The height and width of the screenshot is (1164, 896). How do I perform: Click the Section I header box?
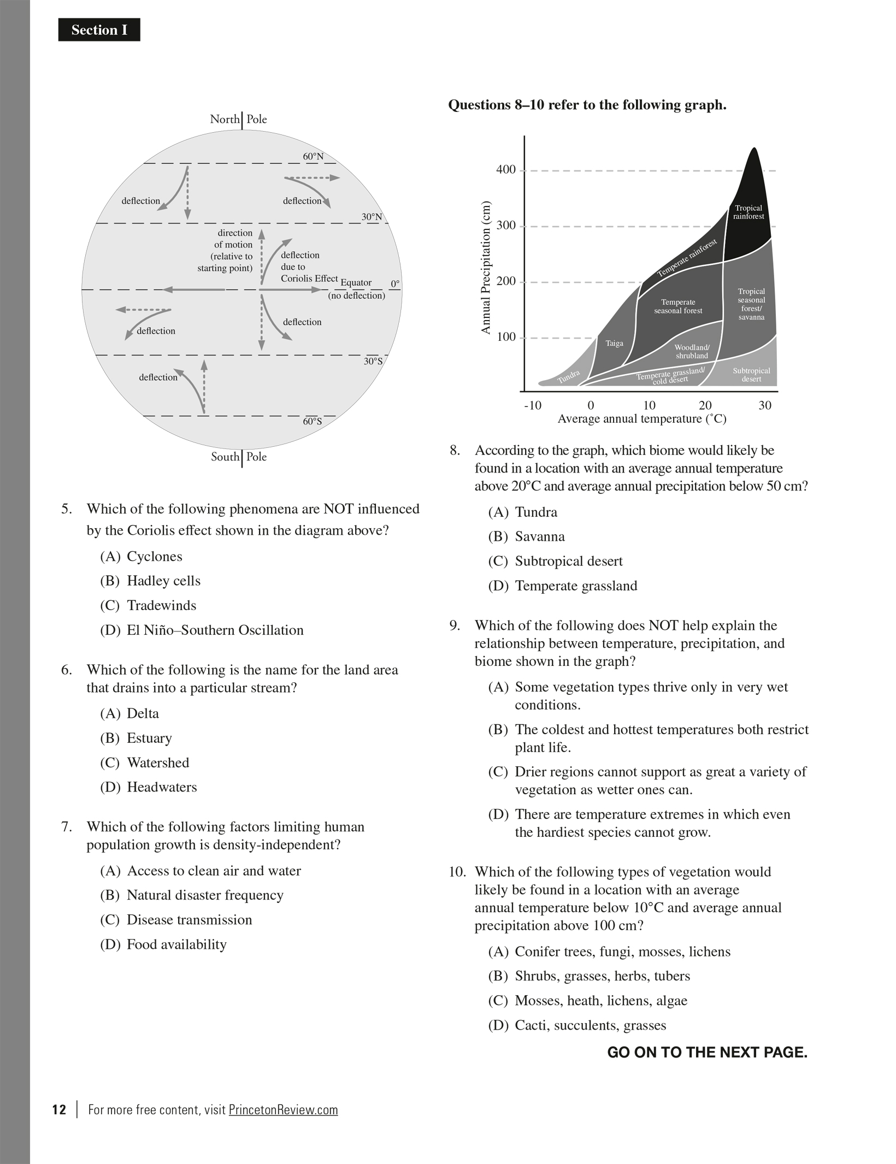(x=99, y=30)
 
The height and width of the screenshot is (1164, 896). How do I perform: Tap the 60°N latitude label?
(x=313, y=157)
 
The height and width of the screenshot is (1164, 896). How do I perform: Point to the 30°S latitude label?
(x=373, y=362)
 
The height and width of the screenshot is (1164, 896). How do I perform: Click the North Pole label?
(x=239, y=119)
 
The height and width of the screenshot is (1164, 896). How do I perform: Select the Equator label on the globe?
(x=356, y=282)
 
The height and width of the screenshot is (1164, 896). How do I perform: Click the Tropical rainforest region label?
(x=748, y=212)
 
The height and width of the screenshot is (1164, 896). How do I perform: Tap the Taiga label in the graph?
(x=614, y=344)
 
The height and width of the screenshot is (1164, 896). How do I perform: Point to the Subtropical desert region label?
(x=751, y=375)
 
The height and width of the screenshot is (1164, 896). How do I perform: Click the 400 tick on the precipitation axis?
(x=506, y=169)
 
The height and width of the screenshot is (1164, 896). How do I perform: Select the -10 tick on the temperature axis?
(x=532, y=405)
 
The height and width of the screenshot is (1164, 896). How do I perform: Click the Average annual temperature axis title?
(x=641, y=419)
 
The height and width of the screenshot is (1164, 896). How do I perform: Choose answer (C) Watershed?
(x=145, y=763)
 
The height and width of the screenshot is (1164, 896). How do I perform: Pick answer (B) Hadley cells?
(x=150, y=581)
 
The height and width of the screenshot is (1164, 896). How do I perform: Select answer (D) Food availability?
(x=163, y=944)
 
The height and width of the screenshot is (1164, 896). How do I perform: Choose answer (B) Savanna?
(x=527, y=536)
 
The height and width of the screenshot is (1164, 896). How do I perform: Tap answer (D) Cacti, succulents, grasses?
(x=577, y=1025)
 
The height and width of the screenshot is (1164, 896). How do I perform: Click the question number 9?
(x=455, y=625)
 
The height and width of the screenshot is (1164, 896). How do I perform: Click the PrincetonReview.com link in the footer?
(x=283, y=1110)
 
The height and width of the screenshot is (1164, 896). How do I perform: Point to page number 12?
(x=59, y=1110)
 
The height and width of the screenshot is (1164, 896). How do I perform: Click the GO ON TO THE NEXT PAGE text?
(x=707, y=1053)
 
